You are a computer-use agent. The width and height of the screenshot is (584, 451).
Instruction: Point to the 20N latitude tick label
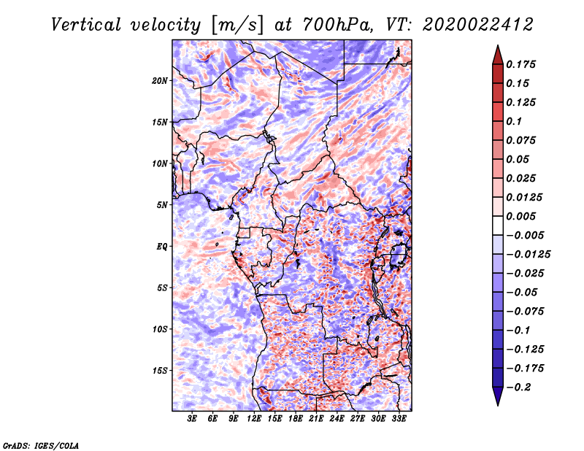[160, 80]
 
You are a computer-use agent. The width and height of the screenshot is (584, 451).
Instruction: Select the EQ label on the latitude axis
[162, 247]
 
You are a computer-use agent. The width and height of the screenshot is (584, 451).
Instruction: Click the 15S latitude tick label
[160, 371]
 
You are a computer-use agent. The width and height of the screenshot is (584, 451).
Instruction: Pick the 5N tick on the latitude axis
[162, 205]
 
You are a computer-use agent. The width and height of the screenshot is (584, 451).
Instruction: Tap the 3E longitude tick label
[193, 419]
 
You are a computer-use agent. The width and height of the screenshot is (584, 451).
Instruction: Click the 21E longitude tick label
[317, 419]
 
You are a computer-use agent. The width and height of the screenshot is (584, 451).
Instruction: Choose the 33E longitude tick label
[399, 419]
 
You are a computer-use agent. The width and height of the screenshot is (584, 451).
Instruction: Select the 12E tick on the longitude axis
[255, 419]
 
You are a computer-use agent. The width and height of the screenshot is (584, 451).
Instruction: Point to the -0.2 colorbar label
[522, 388]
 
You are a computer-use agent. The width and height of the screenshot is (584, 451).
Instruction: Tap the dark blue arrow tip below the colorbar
[496, 399]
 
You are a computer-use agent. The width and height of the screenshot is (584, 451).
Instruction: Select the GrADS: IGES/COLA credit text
[41, 444]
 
